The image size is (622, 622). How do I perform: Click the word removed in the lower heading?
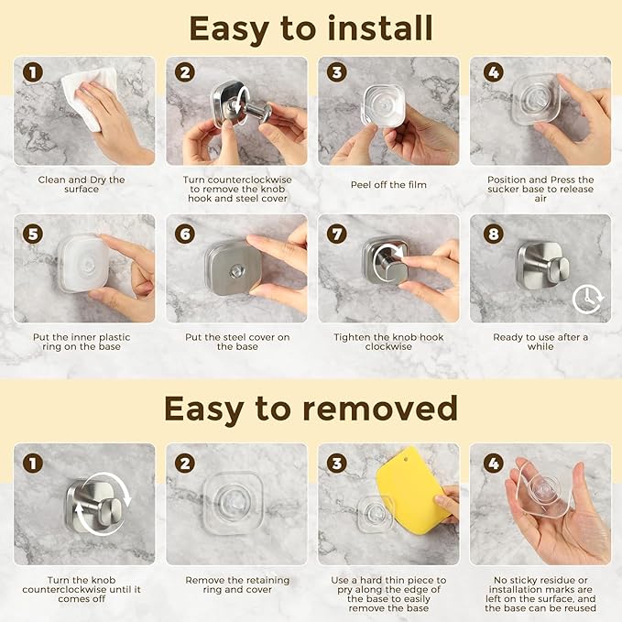(380, 409)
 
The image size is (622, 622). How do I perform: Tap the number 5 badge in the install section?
(33, 234)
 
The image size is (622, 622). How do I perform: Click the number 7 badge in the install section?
(337, 234)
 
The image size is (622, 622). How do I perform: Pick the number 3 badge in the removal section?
(337, 464)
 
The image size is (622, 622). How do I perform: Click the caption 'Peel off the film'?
(388, 185)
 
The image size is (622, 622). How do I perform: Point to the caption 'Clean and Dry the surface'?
(82, 184)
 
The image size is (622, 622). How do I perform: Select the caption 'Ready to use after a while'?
(540, 342)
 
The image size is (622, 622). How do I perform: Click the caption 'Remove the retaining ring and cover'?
(237, 584)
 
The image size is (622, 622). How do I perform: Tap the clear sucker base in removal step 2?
(234, 500)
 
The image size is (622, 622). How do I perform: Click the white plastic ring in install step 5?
(83, 263)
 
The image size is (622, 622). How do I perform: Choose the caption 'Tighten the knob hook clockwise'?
(388, 342)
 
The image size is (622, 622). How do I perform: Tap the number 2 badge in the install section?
(185, 72)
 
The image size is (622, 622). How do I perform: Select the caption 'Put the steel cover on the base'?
(237, 342)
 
